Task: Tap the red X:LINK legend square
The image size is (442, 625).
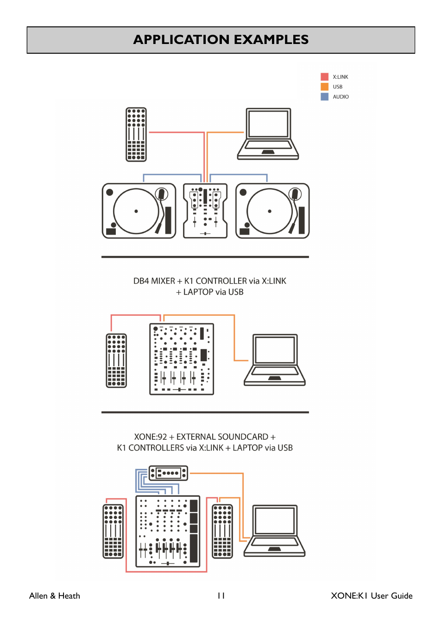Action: [x=324, y=77]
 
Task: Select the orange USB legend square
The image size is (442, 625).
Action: [x=324, y=87]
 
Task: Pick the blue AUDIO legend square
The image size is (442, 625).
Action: [x=324, y=97]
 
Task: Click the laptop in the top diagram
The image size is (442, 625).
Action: [x=268, y=134]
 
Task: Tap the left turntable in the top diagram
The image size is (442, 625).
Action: [x=139, y=211]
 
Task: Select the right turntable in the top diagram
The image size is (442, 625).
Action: [x=272, y=211]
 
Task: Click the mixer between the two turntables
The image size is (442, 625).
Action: [x=205, y=211]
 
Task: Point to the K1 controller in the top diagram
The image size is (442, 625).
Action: [x=136, y=135]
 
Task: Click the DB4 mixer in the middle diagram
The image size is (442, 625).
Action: [x=182, y=359]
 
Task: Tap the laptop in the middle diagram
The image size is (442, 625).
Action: [x=275, y=360]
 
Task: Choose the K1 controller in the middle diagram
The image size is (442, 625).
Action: [x=116, y=360]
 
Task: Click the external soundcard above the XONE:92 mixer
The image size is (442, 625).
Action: [x=168, y=473]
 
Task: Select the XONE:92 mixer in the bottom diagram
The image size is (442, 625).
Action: [x=168, y=531]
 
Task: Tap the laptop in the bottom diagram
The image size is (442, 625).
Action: [x=274, y=531]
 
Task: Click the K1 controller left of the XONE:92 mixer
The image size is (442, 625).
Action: [x=113, y=531]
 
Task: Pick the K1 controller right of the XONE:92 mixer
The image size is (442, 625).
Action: [x=222, y=531]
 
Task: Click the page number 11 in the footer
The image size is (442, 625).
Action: [x=221, y=596]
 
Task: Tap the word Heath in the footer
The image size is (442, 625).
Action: [x=69, y=596]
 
